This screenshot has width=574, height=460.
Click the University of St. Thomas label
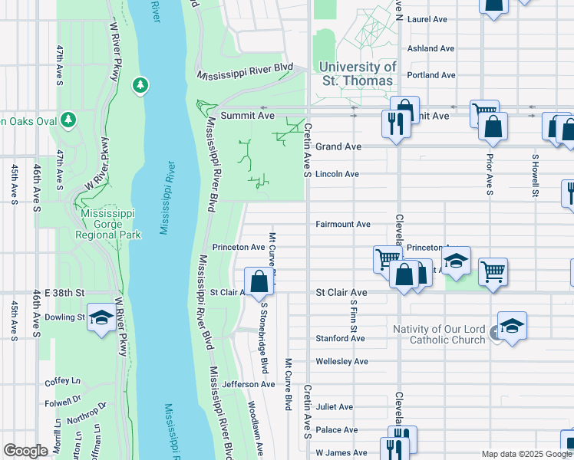tap(357, 74)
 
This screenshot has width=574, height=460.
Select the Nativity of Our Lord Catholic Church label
tap(438, 334)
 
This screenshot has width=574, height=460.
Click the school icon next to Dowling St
tap(101, 318)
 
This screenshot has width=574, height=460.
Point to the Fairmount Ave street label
tap(343, 225)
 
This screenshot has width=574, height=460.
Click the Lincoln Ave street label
tap(338, 174)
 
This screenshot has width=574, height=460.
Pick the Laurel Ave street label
tap(428, 18)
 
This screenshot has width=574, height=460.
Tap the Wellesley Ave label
tap(342, 361)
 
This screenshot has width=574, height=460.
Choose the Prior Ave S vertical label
tap(488, 174)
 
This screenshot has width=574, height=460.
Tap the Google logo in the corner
tap(25, 451)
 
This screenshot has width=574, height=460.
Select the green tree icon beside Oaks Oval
tap(68, 120)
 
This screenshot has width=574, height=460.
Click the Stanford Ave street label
tap(341, 338)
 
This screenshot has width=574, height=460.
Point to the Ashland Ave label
tap(432, 48)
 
